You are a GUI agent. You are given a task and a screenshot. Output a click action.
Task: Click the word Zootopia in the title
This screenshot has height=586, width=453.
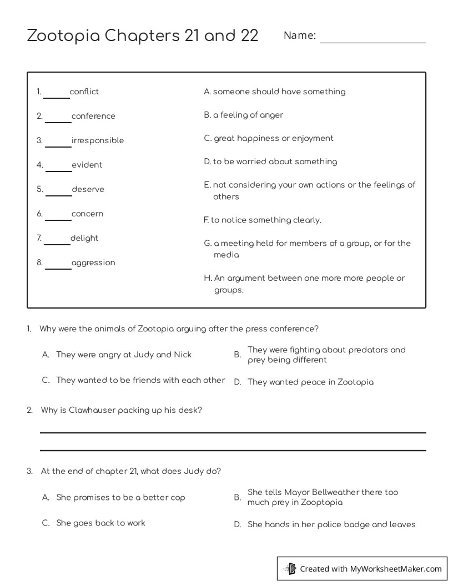coord(63,36)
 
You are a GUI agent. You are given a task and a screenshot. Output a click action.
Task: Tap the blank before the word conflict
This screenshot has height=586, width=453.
coord(56,93)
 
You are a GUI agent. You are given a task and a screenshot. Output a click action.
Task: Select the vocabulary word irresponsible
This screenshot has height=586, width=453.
coord(97,140)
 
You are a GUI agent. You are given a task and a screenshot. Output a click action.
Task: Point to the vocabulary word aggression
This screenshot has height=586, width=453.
coord(93,262)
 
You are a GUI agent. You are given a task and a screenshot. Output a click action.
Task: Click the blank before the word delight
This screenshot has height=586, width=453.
coord(57,240)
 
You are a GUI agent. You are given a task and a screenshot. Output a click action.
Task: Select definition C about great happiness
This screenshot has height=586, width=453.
coord(269,138)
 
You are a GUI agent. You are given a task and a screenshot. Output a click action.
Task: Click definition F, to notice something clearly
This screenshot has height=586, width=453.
coord(262,220)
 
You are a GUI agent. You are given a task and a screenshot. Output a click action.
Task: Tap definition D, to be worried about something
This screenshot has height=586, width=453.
coord(270,161)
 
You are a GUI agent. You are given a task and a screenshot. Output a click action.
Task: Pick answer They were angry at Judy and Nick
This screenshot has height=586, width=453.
coord(124,355)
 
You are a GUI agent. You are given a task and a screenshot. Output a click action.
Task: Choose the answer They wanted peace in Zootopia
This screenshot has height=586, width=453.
coord(310,382)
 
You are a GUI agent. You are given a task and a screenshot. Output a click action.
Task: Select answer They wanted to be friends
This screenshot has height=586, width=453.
coord(140,380)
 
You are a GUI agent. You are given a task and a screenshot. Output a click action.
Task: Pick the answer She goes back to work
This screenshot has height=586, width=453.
coord(100,523)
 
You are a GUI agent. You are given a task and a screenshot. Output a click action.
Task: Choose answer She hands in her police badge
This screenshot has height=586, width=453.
coord(331,524)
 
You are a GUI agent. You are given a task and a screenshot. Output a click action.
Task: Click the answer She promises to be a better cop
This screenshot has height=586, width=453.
coord(120,497)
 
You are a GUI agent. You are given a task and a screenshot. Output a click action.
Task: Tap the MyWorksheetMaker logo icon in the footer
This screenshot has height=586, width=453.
coord(290,568)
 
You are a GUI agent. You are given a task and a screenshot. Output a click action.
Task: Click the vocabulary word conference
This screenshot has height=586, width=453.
coord(93,116)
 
